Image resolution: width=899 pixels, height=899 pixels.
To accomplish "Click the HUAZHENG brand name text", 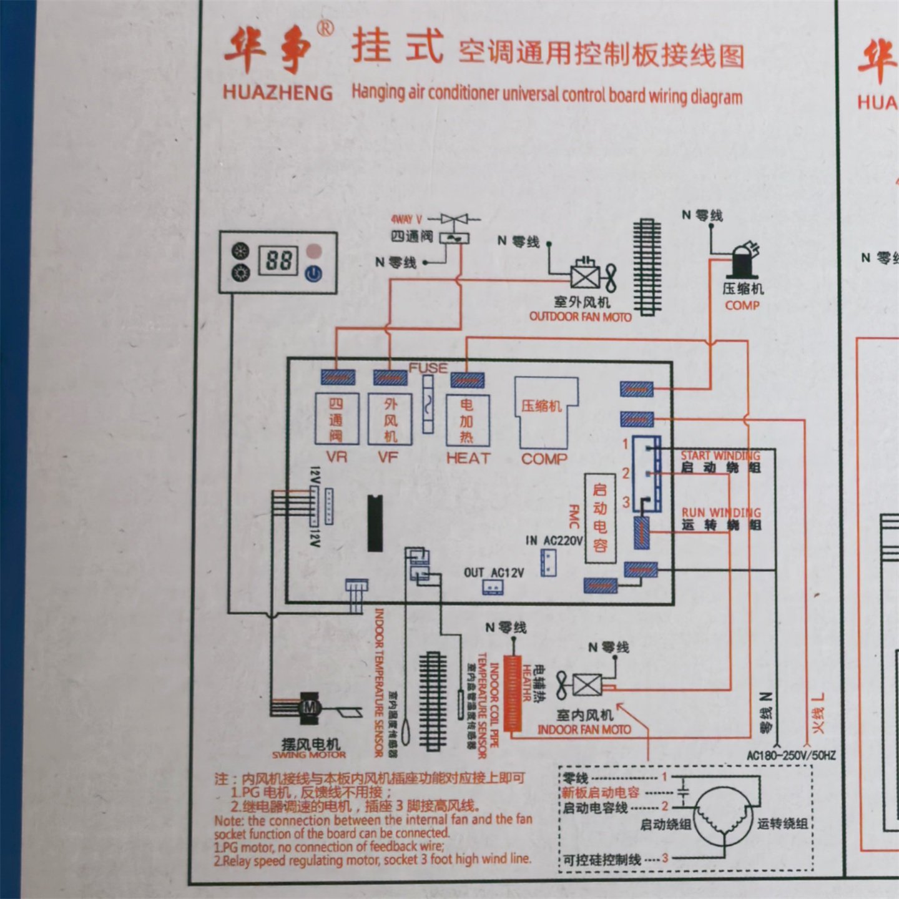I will coord(277,92).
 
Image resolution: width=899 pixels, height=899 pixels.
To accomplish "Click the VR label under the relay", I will coord(337,458).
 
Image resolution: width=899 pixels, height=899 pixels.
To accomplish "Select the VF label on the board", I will coord(388,458).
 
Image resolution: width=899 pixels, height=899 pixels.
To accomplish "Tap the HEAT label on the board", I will coord(468,458).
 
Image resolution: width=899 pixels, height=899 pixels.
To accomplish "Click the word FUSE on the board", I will coord(428,368).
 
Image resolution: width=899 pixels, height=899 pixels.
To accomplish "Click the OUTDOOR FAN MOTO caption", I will coord(580,317).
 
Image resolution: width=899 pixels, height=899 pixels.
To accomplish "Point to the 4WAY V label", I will coord(406,220).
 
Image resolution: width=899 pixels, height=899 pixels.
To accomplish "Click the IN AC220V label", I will coord(554,541).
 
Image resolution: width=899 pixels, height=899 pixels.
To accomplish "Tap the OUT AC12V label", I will coord(494,573).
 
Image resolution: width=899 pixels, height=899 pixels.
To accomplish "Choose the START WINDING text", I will coord(720,456).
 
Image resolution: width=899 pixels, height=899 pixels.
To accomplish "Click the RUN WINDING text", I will coord(721,513).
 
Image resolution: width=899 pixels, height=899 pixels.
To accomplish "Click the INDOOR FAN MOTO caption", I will coord(584,729).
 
